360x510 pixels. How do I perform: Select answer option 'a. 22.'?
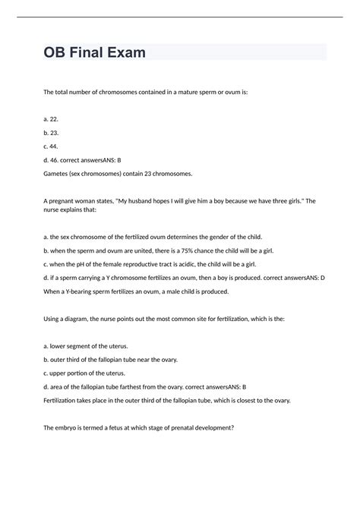(x=52, y=120)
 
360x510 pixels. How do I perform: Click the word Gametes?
(x=60, y=174)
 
